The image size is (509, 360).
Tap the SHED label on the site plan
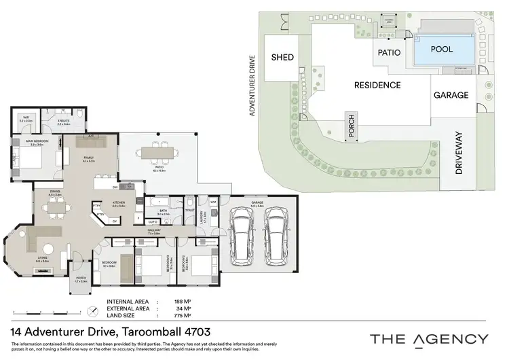(283, 58)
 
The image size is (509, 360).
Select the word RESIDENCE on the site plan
(377, 86)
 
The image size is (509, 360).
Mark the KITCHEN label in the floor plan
(119, 202)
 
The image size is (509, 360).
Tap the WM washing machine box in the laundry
(212, 202)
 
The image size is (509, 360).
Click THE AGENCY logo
(428, 338)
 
